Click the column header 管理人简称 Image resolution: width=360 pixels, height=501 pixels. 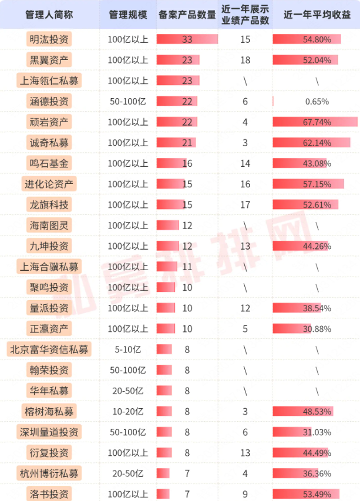pyautogui.click(x=48, y=14)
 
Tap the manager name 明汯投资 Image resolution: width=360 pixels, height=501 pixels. pyautogui.click(x=48, y=39)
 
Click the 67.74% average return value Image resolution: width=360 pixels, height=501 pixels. pyautogui.click(x=317, y=122)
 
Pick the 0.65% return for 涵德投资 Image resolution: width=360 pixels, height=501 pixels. pyautogui.click(x=317, y=101)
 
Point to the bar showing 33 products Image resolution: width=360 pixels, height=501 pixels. pyautogui.click(x=187, y=39)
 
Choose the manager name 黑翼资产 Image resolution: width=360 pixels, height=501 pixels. pyautogui.click(x=48, y=60)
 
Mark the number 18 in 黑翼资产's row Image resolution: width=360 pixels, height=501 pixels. pyautogui.click(x=245, y=60)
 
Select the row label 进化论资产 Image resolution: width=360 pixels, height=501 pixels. pyautogui.click(x=49, y=184)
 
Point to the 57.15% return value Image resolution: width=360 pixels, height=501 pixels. pyautogui.click(x=317, y=184)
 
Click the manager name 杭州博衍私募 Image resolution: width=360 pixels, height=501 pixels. pyautogui.click(x=49, y=473)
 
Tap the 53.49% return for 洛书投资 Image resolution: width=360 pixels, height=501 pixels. pyautogui.click(x=317, y=494)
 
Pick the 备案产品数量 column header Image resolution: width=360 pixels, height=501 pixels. pyautogui.click(x=187, y=14)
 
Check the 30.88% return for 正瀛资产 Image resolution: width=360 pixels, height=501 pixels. pyautogui.click(x=317, y=329)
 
